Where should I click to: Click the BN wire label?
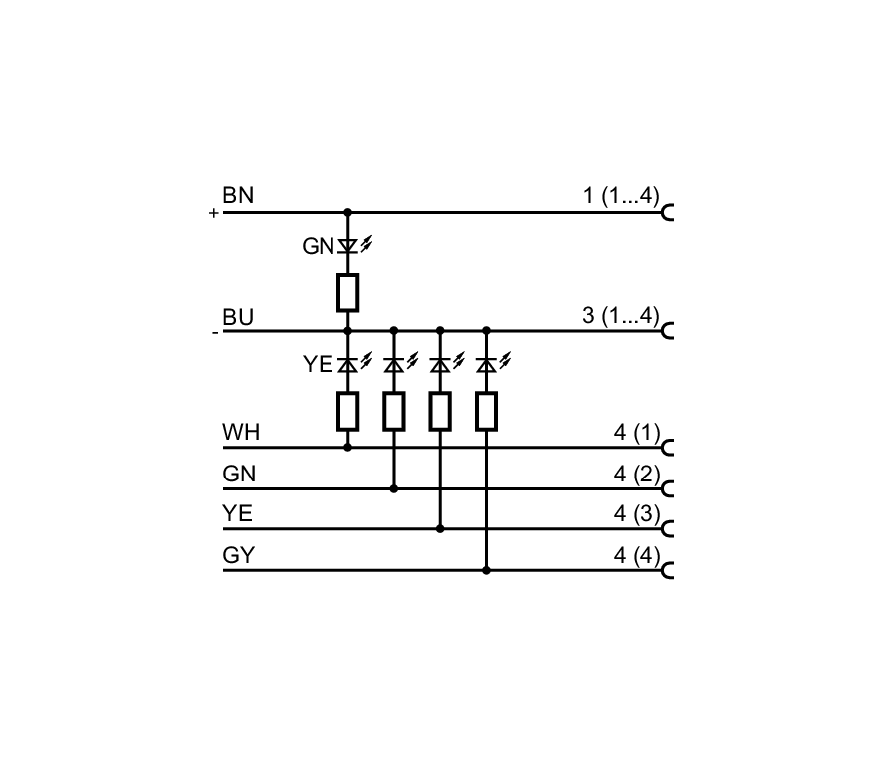238,196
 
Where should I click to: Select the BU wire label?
238,318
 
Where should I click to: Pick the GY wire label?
239,555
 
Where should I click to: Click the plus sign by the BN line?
213,214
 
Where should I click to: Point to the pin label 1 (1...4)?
620,196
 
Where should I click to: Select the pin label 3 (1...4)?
620,316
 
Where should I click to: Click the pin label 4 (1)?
636,433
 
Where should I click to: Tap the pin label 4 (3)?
636,514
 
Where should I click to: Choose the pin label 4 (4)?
636,555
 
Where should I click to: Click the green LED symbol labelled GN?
347,245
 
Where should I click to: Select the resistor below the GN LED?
347,292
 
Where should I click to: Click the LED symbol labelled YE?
347,365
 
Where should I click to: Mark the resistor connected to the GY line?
486,411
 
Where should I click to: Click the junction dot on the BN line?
347,213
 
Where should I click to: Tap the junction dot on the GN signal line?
394,488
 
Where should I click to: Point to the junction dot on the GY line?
486,570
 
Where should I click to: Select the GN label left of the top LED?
319,246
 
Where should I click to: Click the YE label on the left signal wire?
238,514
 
